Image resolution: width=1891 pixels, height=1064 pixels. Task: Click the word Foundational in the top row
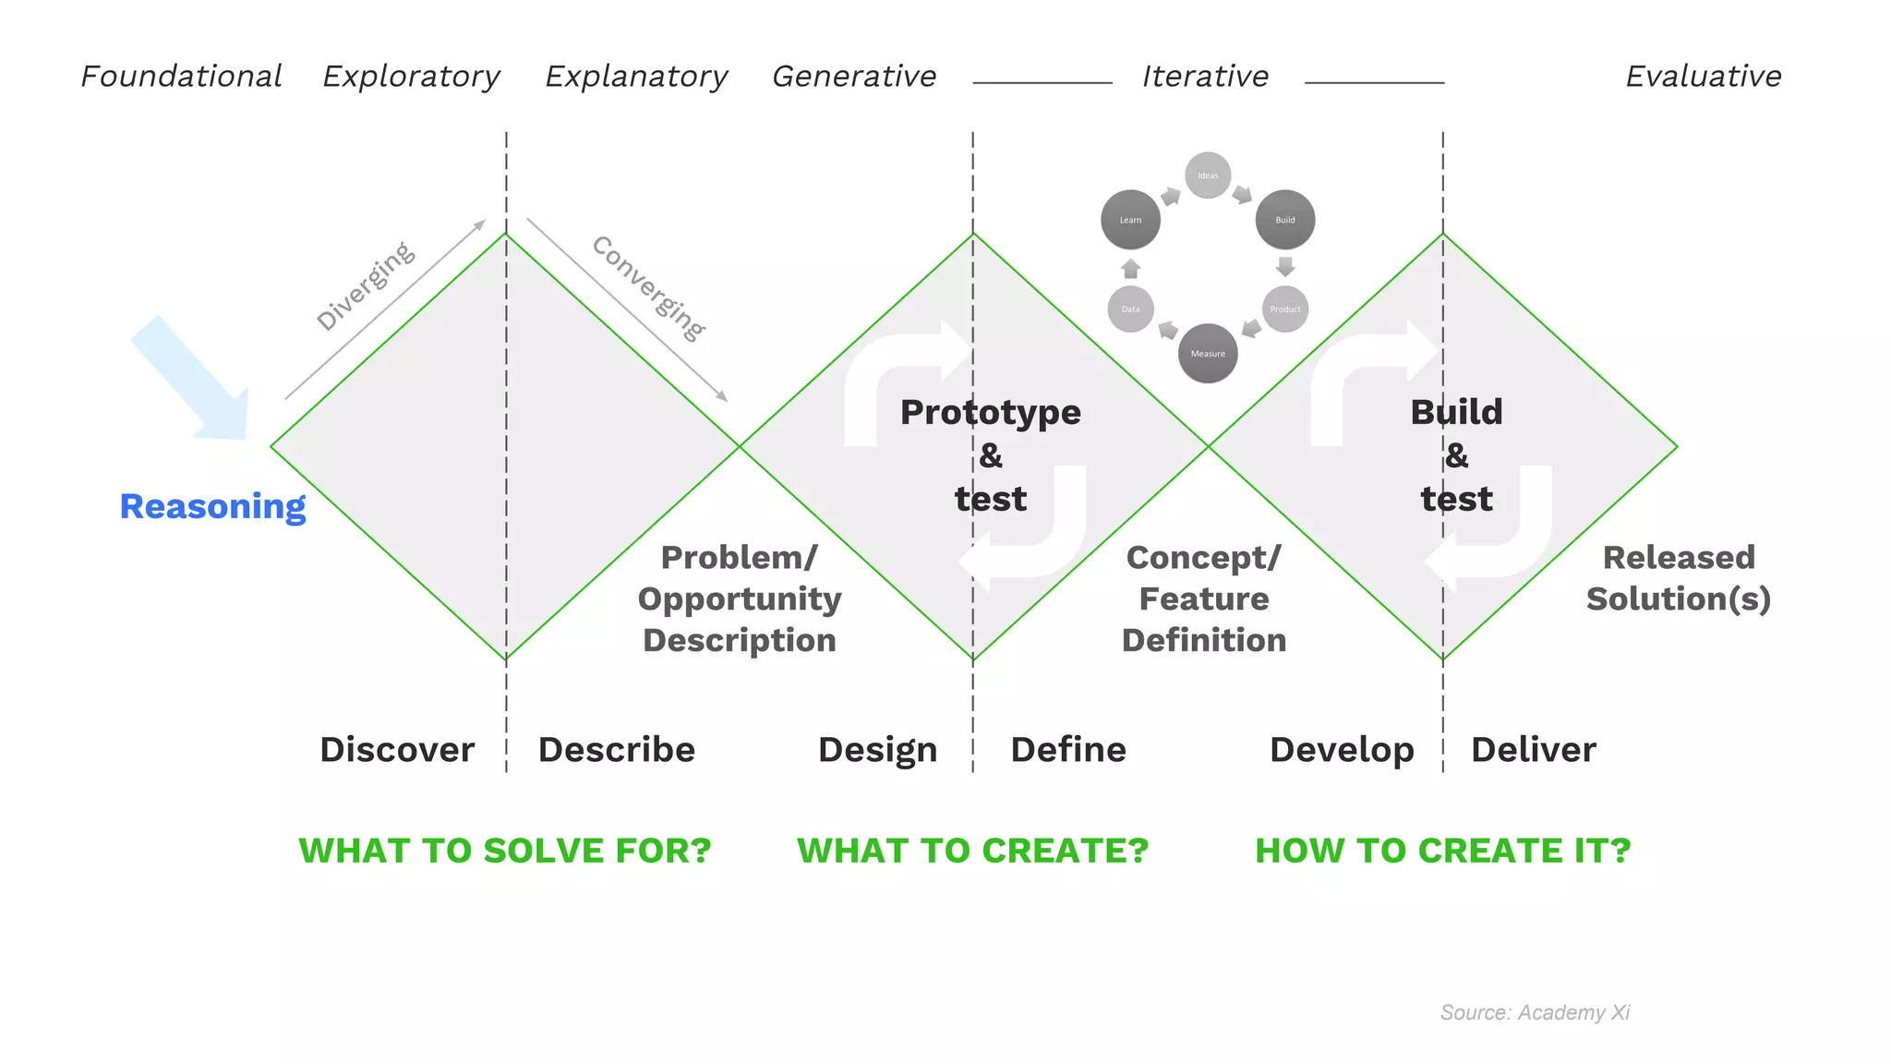[181, 76]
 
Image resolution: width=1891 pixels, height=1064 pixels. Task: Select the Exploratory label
[411, 77]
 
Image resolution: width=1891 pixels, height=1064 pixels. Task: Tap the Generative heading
[854, 76]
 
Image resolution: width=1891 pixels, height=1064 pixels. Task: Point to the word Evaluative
[1704, 76]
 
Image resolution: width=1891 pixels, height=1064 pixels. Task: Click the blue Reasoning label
[212, 506]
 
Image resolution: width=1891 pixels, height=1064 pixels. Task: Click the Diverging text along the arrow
[366, 285]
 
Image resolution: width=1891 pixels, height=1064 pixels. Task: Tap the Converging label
[648, 287]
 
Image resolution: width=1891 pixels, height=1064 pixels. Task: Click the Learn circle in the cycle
[1130, 220]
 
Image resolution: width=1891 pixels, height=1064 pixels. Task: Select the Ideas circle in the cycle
[1208, 175]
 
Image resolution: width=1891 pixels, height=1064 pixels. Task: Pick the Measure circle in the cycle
[1208, 353]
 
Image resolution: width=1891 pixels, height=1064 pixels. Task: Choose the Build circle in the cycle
[1285, 220]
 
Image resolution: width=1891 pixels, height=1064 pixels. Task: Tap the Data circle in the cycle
[1130, 308]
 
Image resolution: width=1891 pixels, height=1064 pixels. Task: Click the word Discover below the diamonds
[397, 749]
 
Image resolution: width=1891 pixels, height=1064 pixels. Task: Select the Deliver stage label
[1533, 749]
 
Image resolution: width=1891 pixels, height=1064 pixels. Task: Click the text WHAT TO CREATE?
[972, 850]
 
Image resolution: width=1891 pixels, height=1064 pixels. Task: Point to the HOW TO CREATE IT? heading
[1442, 850]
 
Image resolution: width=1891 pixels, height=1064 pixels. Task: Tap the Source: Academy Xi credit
[1535, 1012]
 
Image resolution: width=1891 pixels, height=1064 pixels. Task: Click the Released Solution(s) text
[1678, 578]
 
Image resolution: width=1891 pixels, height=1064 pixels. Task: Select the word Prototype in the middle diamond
[990, 412]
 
